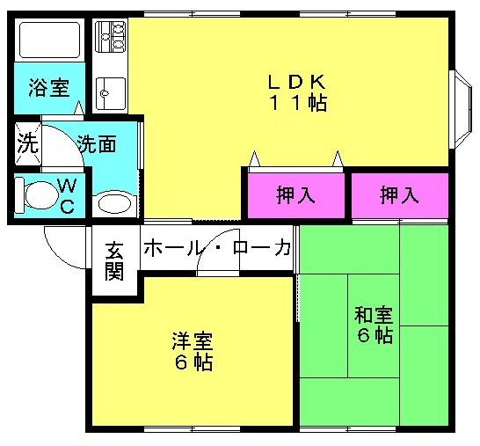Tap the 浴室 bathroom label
(49, 88)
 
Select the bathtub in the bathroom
(49, 40)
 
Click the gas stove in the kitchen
(111, 36)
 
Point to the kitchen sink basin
(111, 93)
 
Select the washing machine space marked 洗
(28, 143)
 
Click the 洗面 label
(97, 144)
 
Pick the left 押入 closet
(295, 195)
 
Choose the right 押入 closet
(399, 195)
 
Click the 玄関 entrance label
(114, 262)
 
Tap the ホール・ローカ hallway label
(217, 247)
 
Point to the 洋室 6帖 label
(193, 351)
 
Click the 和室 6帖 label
(375, 325)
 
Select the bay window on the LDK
(462, 109)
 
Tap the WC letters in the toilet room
(68, 196)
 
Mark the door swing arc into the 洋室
(210, 242)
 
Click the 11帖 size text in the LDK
(298, 103)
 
